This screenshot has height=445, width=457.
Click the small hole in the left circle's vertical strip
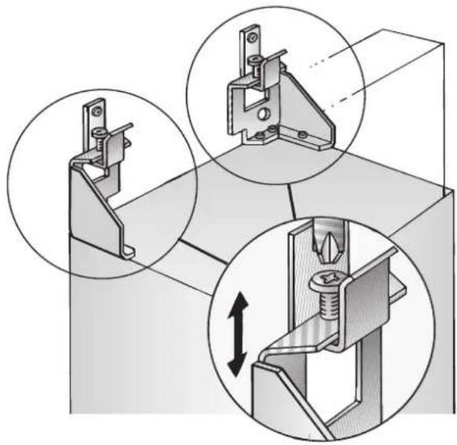[x=93, y=112]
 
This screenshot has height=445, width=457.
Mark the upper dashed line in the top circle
[x=323, y=62]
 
